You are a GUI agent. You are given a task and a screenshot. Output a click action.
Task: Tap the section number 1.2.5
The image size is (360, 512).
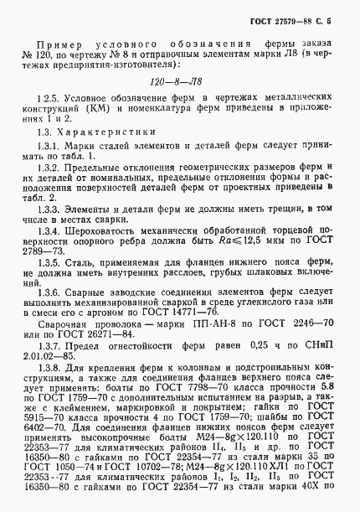[51, 112]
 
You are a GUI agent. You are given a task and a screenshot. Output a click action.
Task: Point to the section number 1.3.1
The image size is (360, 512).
[49, 170]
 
